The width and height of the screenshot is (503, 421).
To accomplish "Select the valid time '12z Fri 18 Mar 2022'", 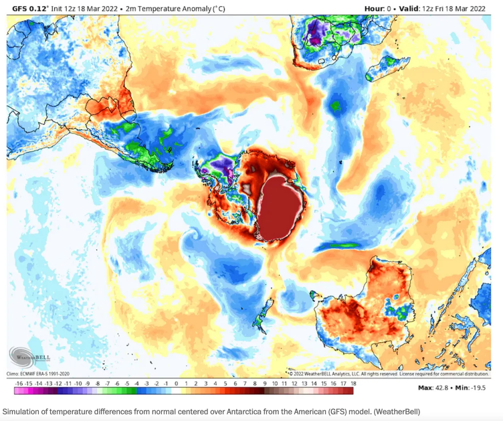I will tap(452, 9).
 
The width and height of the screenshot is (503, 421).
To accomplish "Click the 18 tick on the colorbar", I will tap(353, 383).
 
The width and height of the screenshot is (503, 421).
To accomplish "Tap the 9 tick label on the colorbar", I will tap(265, 383).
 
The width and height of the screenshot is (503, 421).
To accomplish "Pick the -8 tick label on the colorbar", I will tap(97, 383).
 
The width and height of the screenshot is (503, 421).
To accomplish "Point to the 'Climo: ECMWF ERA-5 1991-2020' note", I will tap(43, 374).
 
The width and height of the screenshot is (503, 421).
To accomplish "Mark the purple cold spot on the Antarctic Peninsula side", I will tap(224, 165).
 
